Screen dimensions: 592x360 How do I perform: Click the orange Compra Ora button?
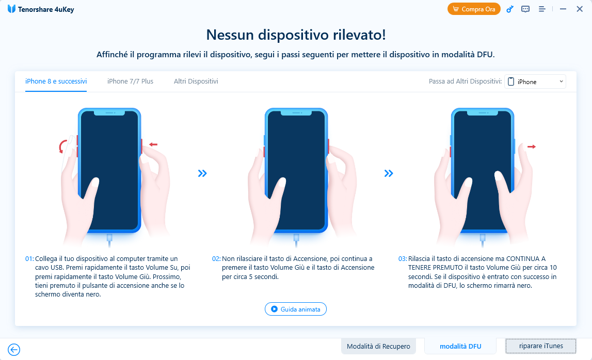(474, 9)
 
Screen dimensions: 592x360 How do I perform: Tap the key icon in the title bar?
(510, 9)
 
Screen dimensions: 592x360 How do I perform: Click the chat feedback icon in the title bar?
(525, 9)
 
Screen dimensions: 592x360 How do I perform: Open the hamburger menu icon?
(542, 9)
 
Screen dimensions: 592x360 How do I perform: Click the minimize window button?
(563, 9)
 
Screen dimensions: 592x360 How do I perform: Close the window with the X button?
(580, 9)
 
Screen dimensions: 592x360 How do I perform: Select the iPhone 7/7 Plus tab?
(130, 81)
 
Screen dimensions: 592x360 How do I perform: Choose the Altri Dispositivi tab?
(196, 81)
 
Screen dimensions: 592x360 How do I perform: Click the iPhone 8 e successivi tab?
(56, 81)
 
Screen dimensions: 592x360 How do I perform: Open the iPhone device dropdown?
(535, 81)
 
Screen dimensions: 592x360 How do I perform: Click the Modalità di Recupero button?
(378, 346)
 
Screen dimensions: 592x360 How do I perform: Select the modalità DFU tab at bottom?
(460, 346)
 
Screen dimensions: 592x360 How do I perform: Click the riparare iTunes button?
(541, 346)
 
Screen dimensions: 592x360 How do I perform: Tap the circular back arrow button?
(14, 350)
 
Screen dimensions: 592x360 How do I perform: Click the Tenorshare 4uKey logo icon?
(11, 9)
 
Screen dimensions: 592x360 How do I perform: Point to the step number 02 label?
(216, 259)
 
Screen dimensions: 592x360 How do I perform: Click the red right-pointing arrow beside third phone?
(532, 146)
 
